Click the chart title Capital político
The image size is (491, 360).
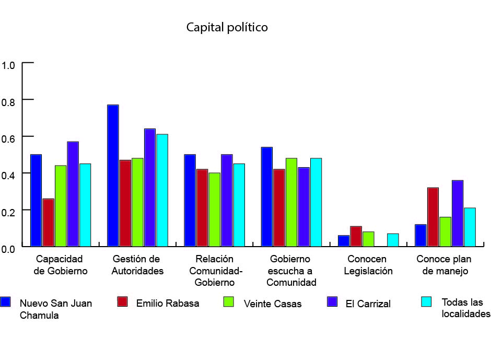(227, 27)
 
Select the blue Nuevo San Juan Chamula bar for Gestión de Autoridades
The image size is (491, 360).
(113, 176)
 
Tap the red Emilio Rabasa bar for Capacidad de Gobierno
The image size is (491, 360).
(48, 223)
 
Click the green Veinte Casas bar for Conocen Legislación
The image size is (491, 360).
(368, 239)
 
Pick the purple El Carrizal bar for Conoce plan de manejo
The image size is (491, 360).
(458, 213)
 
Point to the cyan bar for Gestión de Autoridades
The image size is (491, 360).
(162, 190)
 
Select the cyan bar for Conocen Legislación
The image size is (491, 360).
(393, 240)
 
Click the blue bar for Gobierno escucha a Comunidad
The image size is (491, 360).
(267, 196)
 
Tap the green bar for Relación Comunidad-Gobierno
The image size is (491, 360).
(214, 210)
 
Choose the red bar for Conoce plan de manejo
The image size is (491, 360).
(433, 217)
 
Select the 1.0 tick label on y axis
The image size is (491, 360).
(9, 66)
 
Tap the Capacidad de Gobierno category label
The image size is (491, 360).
(61, 265)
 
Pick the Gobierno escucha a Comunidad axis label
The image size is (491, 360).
(291, 271)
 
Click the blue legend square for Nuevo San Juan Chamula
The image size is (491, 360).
(6, 301)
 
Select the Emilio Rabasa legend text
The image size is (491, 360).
(168, 303)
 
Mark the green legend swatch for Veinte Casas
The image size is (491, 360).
(228, 301)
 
